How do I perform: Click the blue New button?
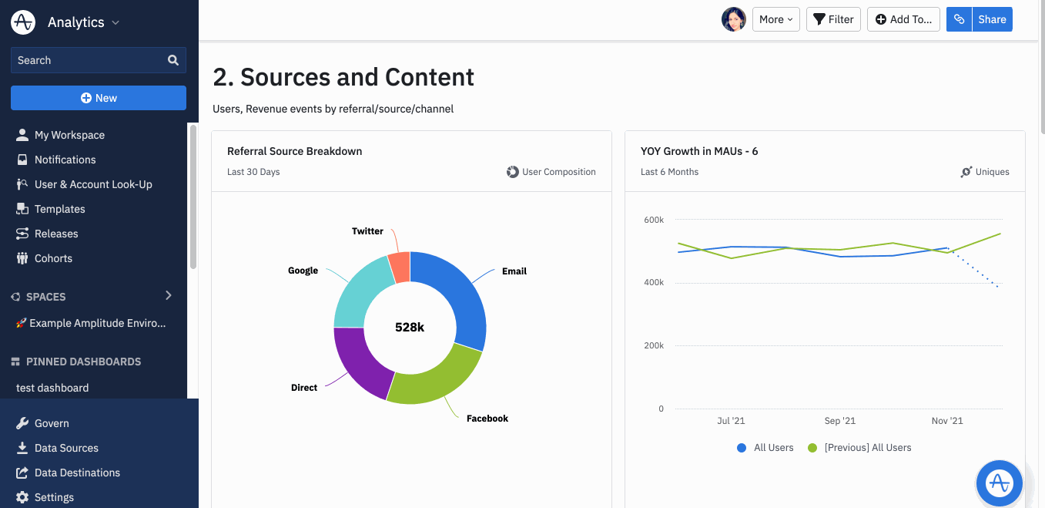[99, 98]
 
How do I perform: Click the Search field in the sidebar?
[89, 60]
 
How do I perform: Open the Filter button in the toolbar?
[833, 19]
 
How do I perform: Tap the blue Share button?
[992, 19]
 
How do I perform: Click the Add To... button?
[903, 19]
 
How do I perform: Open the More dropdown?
[775, 19]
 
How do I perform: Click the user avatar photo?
[733, 19]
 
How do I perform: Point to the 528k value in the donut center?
[410, 327]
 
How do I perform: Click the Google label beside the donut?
[303, 271]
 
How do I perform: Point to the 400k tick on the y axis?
[653, 283]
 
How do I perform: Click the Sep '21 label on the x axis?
[839, 421]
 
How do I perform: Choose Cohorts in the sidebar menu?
[53, 258]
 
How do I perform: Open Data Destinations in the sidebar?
[77, 473]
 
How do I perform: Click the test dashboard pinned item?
[52, 388]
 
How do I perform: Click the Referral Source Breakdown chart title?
[294, 151]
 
